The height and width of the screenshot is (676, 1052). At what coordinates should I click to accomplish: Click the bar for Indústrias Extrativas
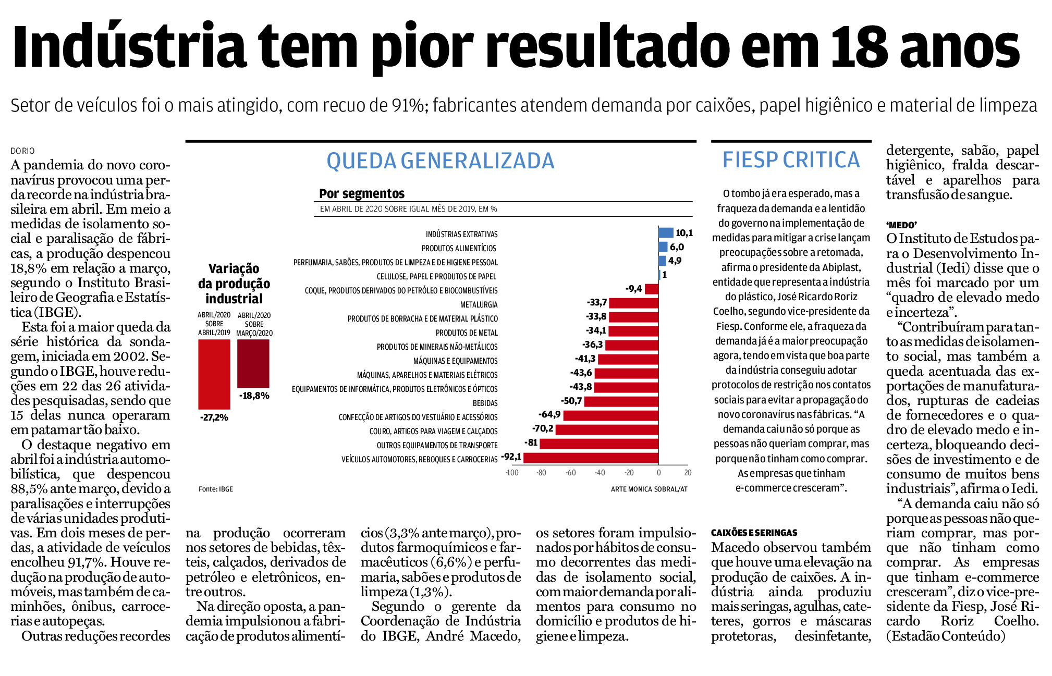tap(666, 233)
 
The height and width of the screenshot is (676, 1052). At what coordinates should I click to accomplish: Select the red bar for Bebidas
tap(621, 401)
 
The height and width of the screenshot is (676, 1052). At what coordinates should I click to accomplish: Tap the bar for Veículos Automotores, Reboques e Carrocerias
tap(591, 458)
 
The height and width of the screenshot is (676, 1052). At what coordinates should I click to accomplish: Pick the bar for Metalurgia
tap(634, 303)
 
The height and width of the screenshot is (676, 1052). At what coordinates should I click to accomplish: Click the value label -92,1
tap(511, 457)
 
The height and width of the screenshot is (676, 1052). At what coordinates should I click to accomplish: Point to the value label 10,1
tap(684, 233)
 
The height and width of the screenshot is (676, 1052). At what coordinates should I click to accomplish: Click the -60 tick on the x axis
tap(571, 473)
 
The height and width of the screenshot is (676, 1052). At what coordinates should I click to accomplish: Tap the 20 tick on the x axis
tap(688, 473)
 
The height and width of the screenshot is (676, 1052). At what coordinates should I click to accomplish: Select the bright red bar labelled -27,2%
tap(214, 374)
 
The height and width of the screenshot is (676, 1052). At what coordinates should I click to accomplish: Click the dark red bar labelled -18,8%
tap(253, 363)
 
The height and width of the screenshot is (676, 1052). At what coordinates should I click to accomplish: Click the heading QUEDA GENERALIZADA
tap(441, 161)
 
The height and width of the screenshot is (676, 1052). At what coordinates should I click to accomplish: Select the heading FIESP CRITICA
tap(791, 159)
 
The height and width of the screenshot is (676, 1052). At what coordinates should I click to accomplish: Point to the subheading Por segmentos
tap(362, 193)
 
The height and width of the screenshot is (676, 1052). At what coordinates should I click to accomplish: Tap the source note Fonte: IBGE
tap(216, 489)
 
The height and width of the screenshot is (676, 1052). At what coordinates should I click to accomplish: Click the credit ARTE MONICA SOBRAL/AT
tap(649, 489)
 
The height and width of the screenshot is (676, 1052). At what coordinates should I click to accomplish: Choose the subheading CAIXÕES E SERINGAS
tap(754, 533)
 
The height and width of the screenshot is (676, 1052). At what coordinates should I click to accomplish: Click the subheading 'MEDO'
tap(901, 225)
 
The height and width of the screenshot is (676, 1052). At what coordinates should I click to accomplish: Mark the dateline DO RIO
tap(22, 151)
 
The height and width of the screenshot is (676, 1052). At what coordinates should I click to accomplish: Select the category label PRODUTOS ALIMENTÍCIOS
tap(459, 248)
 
